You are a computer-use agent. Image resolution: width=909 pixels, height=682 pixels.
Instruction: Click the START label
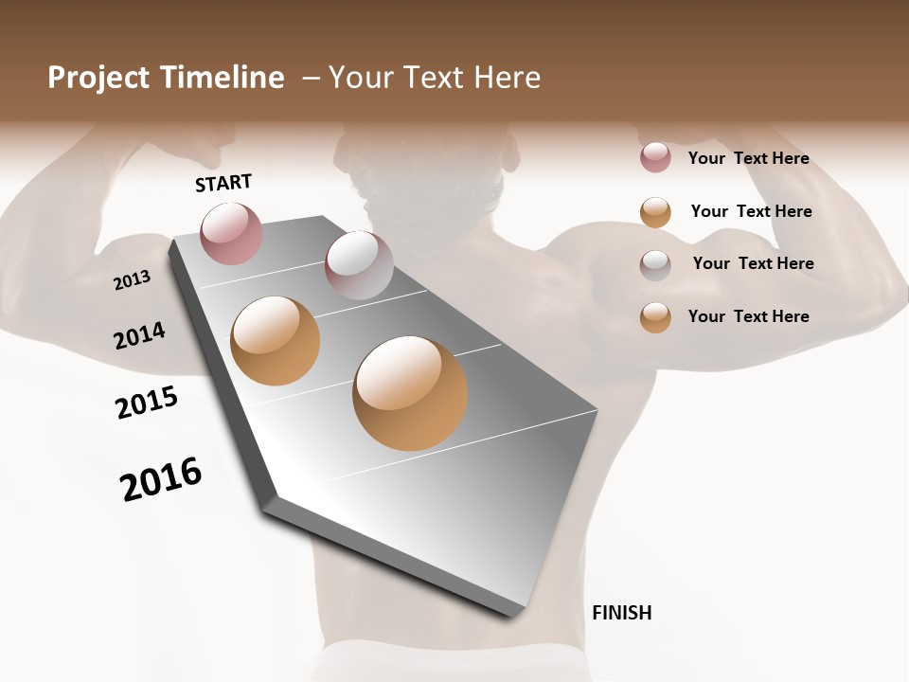click(223, 183)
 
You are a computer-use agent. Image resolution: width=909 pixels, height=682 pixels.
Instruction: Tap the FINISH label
click(621, 613)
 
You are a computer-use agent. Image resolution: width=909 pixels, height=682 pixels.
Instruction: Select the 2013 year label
click(132, 279)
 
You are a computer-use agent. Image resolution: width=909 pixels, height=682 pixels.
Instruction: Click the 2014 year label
click(139, 335)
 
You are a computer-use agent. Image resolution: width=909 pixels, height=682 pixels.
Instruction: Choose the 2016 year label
click(161, 479)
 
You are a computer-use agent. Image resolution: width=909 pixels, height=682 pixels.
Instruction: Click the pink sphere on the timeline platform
click(231, 233)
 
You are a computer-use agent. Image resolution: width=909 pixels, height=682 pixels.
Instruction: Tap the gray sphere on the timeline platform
click(359, 264)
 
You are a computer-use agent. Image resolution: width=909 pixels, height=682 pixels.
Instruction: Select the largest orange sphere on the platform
click(410, 392)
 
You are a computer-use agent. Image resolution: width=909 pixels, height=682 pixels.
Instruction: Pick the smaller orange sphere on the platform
click(276, 340)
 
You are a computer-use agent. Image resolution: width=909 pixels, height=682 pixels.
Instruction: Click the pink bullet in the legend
click(655, 158)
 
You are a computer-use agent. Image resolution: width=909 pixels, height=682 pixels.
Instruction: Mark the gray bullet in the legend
click(655, 264)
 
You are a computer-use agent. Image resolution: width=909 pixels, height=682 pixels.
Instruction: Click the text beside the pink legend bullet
click(748, 158)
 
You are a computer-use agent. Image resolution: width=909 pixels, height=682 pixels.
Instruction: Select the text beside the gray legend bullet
click(753, 263)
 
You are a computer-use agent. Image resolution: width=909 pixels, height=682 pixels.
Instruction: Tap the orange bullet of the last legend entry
click(655, 317)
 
